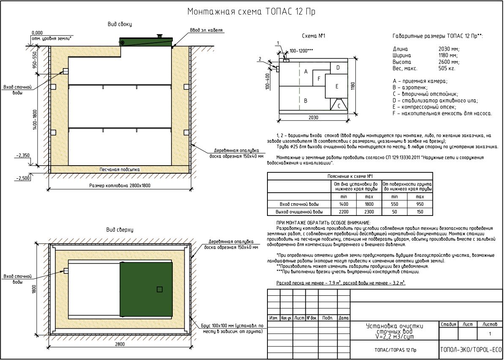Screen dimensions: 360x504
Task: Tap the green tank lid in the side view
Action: point(146,42)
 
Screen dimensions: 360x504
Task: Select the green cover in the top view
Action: point(146,289)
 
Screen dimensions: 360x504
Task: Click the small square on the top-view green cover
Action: point(159,289)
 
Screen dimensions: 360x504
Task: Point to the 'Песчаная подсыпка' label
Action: point(120,169)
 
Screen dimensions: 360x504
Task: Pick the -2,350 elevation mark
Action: point(22,155)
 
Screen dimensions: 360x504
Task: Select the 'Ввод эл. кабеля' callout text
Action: point(206,30)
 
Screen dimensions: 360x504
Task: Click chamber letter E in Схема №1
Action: point(337,86)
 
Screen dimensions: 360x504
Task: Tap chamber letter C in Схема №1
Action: point(338,106)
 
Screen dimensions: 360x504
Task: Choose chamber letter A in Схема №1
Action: point(305,72)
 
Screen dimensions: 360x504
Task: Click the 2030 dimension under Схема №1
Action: point(313,117)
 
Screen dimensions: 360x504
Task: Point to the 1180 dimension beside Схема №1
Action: point(353,86)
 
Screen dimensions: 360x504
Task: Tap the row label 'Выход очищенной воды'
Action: point(299,211)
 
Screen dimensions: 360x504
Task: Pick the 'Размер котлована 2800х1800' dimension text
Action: point(120,185)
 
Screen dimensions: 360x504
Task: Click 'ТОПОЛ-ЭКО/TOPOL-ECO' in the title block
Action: point(471,350)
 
